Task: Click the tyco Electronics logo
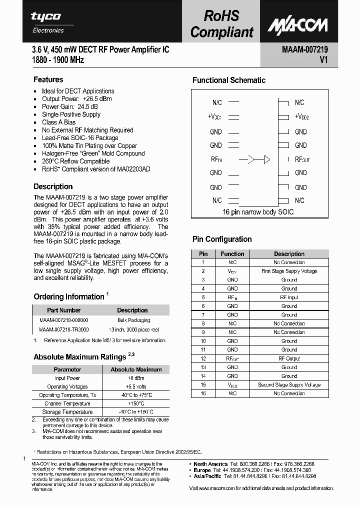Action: pos(46,22)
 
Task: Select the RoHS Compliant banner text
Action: pos(221,24)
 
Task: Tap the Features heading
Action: pos(48,79)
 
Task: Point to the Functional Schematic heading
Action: pos(228,80)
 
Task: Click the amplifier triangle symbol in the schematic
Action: pos(266,159)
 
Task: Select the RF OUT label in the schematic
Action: pos(302,159)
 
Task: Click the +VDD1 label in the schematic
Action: pos(214,117)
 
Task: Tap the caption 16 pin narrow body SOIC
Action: pos(258,212)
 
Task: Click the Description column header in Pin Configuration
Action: pos(289,253)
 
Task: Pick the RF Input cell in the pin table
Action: pos(289,297)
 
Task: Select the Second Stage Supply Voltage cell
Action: pos(289,385)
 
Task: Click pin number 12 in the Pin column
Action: pos(203,358)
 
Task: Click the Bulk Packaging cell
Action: pos(133,320)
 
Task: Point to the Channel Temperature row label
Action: pos(67,403)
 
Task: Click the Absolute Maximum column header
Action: pos(135,369)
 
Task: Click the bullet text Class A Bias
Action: pos(58,122)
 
